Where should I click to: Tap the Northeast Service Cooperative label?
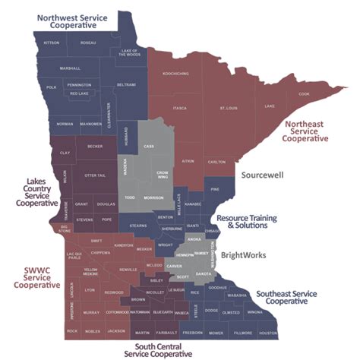pyautogui.click(x=305, y=130)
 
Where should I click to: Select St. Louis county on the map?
pyautogui.click(x=228, y=109)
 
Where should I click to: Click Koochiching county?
pyautogui.click(x=175, y=74)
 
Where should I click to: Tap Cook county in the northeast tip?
pyautogui.click(x=304, y=94)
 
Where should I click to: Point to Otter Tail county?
pyautogui.click(x=95, y=175)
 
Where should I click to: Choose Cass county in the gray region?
pyautogui.click(x=149, y=146)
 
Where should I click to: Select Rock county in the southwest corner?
pyautogui.click(x=72, y=331)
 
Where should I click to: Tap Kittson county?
pyautogui.click(x=52, y=43)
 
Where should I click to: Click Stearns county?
pyautogui.click(x=138, y=226)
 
